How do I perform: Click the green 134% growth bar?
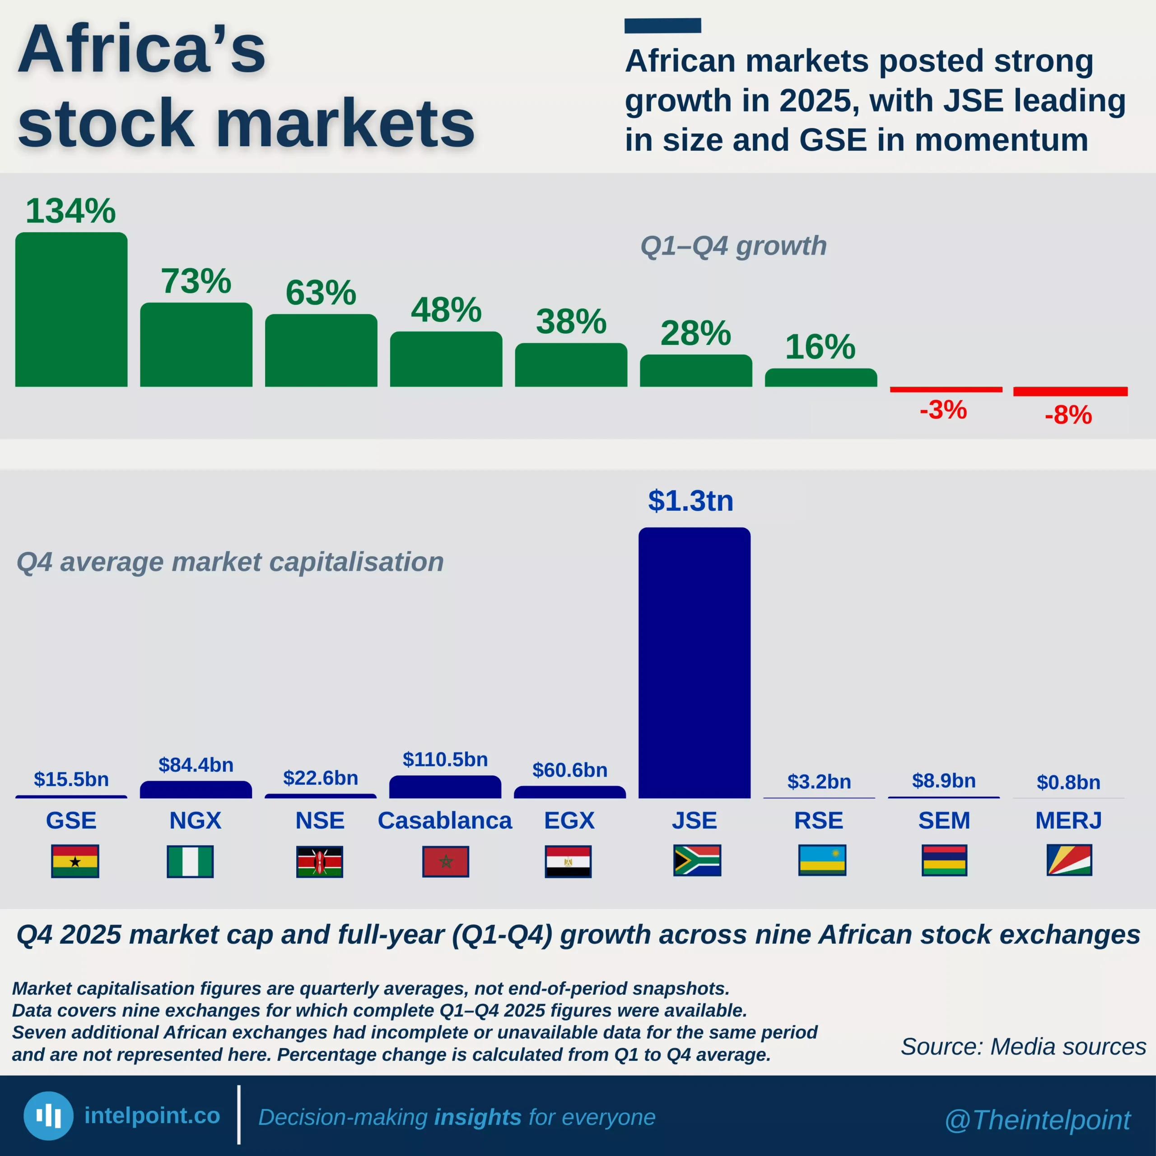coord(71,309)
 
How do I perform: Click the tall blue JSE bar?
coord(694,663)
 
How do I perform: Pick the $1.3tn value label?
coord(690,500)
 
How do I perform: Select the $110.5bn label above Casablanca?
coord(445,759)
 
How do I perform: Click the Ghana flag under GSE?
coord(75,861)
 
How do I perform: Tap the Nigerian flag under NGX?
coord(190,861)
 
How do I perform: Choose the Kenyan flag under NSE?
coord(320,861)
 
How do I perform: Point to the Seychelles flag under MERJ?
coord(1069,860)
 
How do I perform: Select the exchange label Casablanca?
coord(445,820)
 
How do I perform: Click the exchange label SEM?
coord(944,820)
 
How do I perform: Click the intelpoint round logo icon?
coord(48,1116)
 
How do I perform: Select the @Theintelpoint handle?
coord(1037,1119)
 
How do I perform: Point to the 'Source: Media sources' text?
coord(1023,1047)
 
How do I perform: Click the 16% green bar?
coord(820,378)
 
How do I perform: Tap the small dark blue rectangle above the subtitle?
coord(662,26)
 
